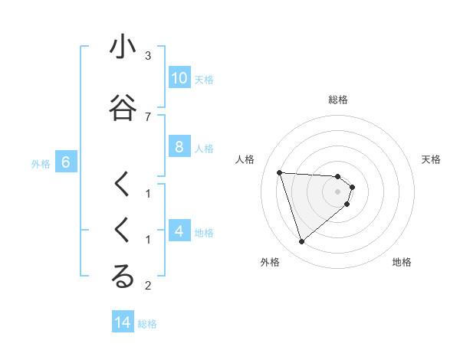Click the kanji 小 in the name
pos(123,47)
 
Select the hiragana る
pos(123,277)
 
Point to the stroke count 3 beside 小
pos(148,56)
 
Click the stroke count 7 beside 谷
pos(148,116)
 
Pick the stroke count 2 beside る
pos(148,286)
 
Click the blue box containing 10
pos(179,78)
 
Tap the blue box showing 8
pos(179,147)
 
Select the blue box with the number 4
pos(179,231)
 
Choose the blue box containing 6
pos(66,162)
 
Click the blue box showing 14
pos(123,322)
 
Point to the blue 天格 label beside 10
pos(204,79)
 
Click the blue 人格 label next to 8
pos(204,148)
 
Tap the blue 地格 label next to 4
pos(204,232)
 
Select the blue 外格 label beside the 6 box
pos(41,163)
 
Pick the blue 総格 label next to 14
pos(147,323)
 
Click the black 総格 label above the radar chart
pos(337,100)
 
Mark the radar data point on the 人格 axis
pos(279,172)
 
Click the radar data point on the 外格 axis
pos(301,242)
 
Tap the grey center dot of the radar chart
pos(337,191)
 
